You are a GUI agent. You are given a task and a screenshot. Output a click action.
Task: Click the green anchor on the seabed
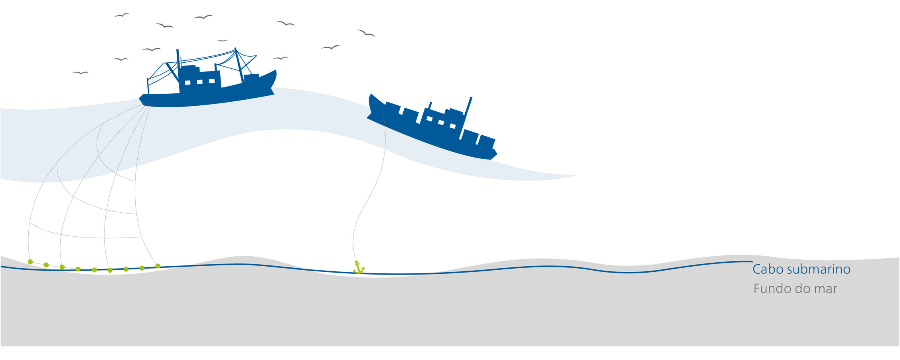click(358, 267)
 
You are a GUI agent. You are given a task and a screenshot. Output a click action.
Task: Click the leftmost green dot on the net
click(30, 262)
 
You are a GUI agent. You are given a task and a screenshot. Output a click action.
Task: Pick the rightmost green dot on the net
click(158, 266)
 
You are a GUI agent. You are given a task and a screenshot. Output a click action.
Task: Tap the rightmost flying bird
click(366, 33)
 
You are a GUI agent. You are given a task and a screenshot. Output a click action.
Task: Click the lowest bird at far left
click(81, 73)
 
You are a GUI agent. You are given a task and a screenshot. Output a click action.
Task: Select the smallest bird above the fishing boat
click(222, 41)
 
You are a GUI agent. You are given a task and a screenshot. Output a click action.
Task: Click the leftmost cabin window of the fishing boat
click(187, 83)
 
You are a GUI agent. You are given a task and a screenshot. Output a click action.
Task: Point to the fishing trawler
click(207, 80)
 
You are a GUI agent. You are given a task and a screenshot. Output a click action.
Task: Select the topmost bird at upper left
click(122, 15)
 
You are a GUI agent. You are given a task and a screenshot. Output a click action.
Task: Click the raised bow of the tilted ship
click(372, 102)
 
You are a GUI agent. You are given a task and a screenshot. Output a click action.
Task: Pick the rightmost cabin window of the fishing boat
click(212, 81)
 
